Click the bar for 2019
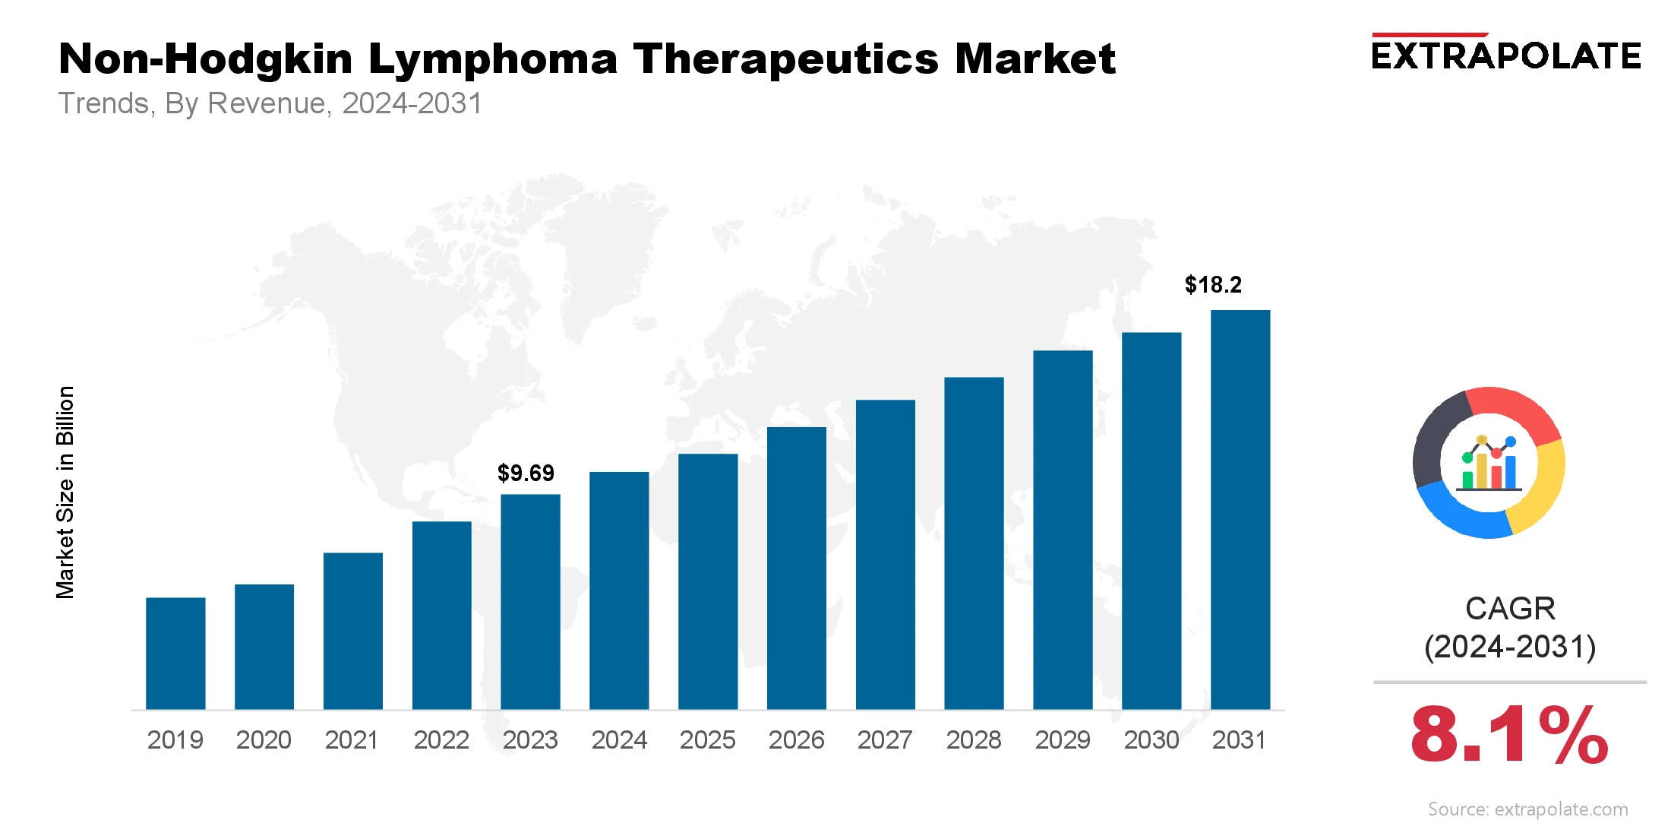(x=175, y=654)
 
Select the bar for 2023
(x=530, y=602)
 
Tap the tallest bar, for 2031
(x=1240, y=509)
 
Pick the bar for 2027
(x=885, y=555)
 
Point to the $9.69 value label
(x=526, y=473)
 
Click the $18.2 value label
(x=1213, y=285)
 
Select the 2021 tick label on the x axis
(x=352, y=739)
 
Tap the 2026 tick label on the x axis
(x=796, y=739)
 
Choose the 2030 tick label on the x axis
(x=1151, y=739)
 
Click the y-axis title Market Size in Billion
(x=65, y=492)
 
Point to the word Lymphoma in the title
(x=493, y=59)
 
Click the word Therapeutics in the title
(x=786, y=59)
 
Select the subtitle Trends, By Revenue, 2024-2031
(x=270, y=103)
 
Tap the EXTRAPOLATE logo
(x=1506, y=55)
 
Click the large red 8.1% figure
(x=1509, y=735)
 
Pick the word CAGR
(x=1510, y=609)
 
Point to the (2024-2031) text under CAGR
(x=1510, y=647)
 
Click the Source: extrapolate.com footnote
(x=1527, y=809)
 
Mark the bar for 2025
(x=708, y=581)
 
